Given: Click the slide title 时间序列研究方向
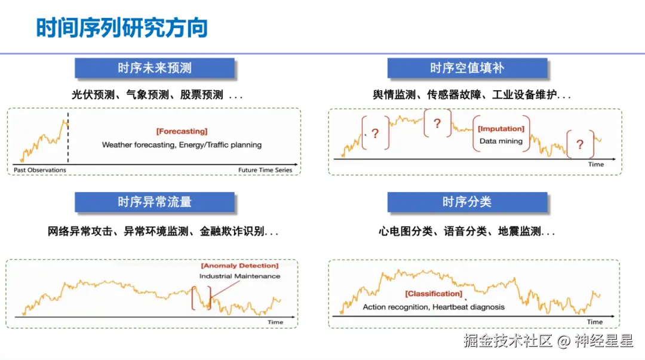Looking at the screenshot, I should click(x=122, y=28).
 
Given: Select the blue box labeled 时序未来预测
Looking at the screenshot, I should click(x=154, y=68).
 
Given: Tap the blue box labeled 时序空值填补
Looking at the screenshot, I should click(x=467, y=68).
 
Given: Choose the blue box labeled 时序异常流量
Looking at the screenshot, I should click(x=154, y=202).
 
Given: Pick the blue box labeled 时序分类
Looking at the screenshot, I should click(x=467, y=202).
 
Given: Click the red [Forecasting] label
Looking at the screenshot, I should click(x=182, y=131).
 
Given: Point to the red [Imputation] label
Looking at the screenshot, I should click(x=501, y=129).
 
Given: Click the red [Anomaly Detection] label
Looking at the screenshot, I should click(x=239, y=266).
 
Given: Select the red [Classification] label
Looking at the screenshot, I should click(x=434, y=294).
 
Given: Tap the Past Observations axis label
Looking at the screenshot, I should click(x=40, y=170).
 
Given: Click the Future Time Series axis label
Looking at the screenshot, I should click(x=265, y=170).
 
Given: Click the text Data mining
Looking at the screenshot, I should click(x=500, y=141).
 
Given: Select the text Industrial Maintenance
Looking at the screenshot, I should click(x=239, y=276).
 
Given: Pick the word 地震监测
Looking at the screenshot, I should click(x=520, y=232).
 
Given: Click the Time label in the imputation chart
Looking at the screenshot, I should click(x=595, y=164).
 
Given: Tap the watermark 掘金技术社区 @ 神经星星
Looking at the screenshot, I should click(x=548, y=341).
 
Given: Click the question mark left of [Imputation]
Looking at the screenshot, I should click(x=437, y=124).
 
